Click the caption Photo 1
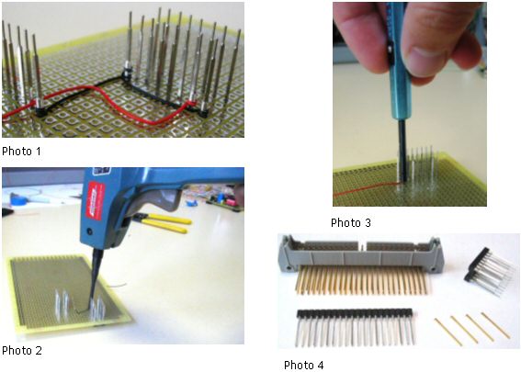coord(22,152)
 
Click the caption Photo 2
coord(22,350)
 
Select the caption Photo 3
coord(351,222)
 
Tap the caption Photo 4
coord(304,365)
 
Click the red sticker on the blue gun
coord(95,201)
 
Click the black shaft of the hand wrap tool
coord(402,152)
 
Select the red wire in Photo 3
coord(366,188)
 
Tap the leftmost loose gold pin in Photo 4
coord(448,333)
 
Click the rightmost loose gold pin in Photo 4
coord(496,325)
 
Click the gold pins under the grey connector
coord(361,280)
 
